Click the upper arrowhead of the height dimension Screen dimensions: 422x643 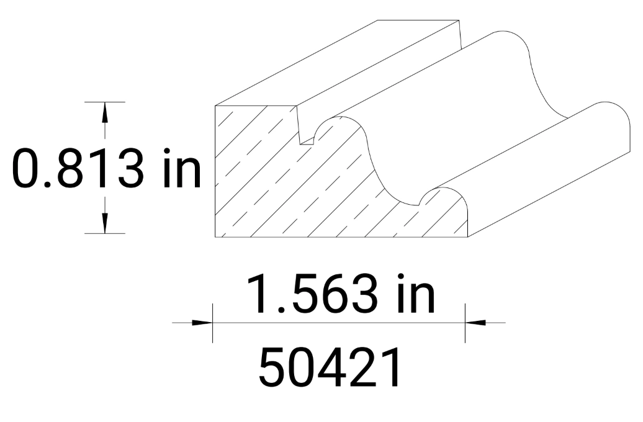pos(105,112)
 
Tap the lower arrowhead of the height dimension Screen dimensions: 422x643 pos(105,223)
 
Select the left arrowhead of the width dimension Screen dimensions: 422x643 pos(202,323)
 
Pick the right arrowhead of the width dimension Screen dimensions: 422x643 pos(475,323)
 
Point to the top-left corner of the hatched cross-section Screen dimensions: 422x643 pos(215,106)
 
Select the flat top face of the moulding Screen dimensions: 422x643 pos(348,62)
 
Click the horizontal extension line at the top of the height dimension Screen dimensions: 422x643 pos(105,101)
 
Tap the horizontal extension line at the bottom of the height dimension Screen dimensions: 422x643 pos(105,233)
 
